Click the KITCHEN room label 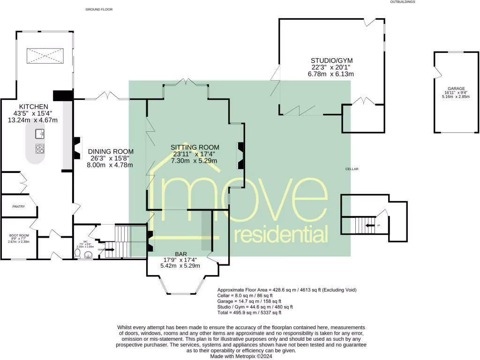pos(32,106)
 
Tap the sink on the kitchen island pos(40,134)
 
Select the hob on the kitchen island pos(40,149)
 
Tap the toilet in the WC pos(78,253)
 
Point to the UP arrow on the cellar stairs pos(371,225)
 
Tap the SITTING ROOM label pos(194,147)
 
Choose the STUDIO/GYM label pos(331,60)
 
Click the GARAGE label pos(456,89)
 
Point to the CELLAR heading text pos(352,169)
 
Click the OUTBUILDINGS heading pos(402,2)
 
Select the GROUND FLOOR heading pos(99,9)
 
